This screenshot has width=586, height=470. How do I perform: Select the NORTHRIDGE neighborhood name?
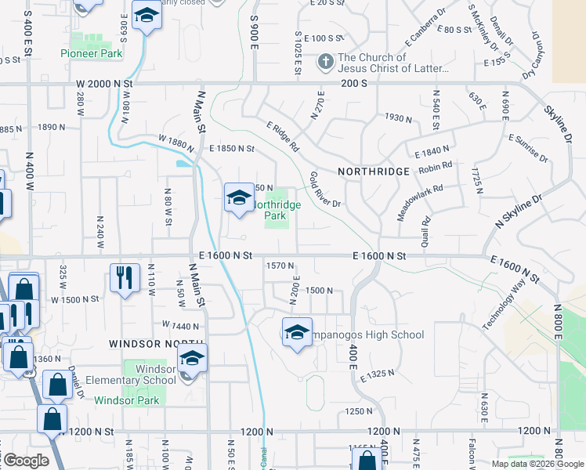pos(374,171)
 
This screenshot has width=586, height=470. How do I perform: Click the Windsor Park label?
pos(127,400)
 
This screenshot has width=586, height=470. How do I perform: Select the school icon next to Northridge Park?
pos(239,198)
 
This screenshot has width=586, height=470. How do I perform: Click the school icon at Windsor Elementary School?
pos(191,360)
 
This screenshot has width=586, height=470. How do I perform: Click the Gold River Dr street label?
pos(325,190)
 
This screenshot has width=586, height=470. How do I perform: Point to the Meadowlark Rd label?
pos(420,202)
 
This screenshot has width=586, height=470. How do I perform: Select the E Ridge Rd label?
pos(283,136)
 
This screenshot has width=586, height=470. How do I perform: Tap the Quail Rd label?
pos(426,229)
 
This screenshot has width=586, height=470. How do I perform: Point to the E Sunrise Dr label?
pos(527,147)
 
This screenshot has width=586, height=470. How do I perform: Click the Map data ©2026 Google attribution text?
pos(537,464)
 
